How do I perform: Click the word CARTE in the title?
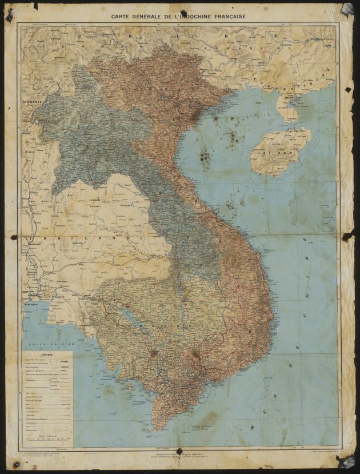[x=122, y=17]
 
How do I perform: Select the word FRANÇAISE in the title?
[x=226, y=17]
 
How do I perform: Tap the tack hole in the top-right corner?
[x=346, y=9]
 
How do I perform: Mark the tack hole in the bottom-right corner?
[x=345, y=461]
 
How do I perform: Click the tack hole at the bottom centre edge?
[x=179, y=452]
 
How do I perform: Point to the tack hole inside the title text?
[x=184, y=14]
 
